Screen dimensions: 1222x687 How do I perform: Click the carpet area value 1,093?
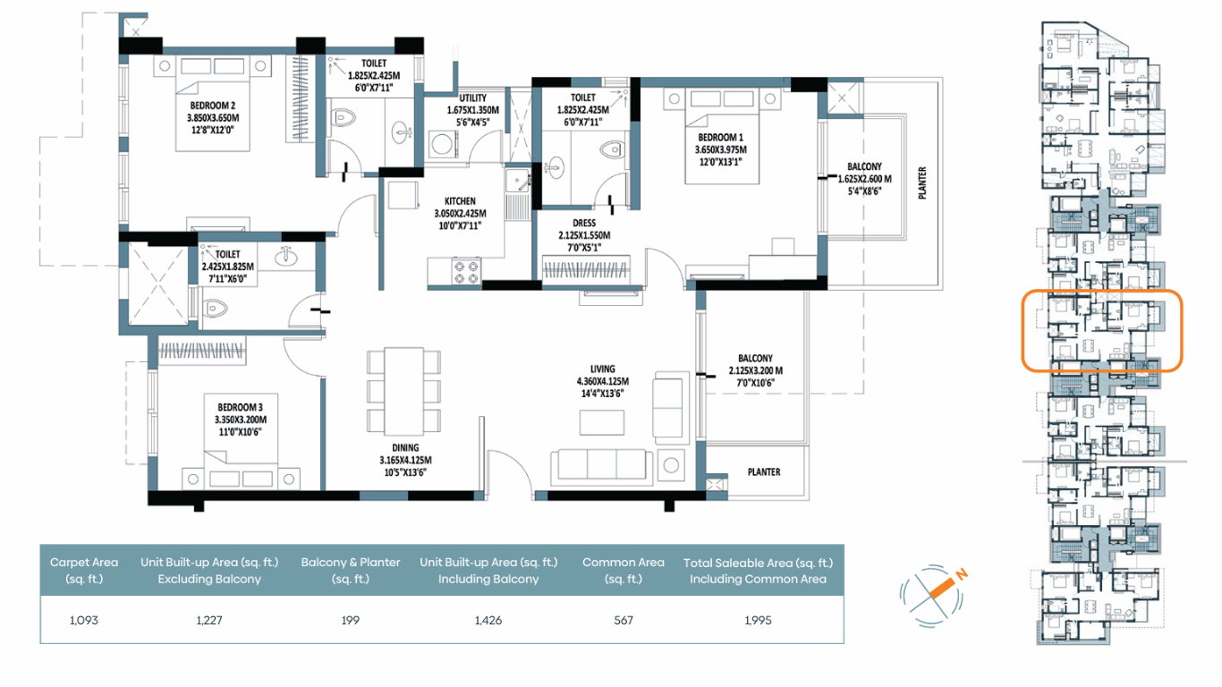[x=83, y=620]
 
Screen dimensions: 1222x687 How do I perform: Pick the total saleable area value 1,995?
[x=758, y=620]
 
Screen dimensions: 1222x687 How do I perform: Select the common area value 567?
[x=623, y=620]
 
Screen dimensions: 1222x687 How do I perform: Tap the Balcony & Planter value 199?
[x=351, y=620]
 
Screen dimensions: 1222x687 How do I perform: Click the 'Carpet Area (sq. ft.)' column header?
[x=84, y=570]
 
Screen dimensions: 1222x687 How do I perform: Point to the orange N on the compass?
[x=962, y=574]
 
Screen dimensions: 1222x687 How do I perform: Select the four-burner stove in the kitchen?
[x=466, y=272]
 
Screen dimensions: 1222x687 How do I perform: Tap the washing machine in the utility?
[x=443, y=145]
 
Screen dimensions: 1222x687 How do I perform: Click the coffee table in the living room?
[x=602, y=423]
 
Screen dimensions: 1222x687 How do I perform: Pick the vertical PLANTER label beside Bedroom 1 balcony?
[x=922, y=182]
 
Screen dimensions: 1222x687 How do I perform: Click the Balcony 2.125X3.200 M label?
[x=756, y=370]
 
